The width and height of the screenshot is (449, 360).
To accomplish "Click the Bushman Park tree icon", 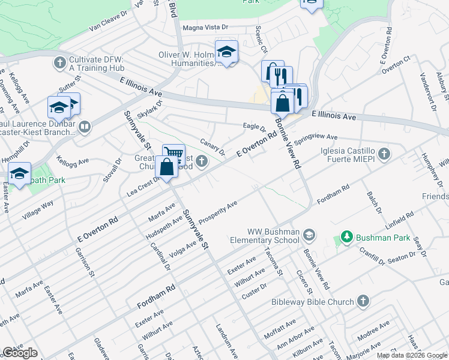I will tap(346, 238).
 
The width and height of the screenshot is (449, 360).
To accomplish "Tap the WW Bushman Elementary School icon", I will tap(309, 233).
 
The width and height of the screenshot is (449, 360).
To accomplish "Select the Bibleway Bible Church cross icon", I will tap(363, 301).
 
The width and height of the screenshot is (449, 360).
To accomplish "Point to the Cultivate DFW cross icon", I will tap(59, 62).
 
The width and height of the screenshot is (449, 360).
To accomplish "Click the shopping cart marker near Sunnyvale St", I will tap(173, 154).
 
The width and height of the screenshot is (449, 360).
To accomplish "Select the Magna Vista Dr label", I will tap(205, 27).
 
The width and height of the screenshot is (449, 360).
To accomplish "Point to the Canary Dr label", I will tap(212, 147).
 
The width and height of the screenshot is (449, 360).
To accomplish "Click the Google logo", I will tap(20, 353).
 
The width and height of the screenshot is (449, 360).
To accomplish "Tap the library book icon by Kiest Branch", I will tap(84, 127).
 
